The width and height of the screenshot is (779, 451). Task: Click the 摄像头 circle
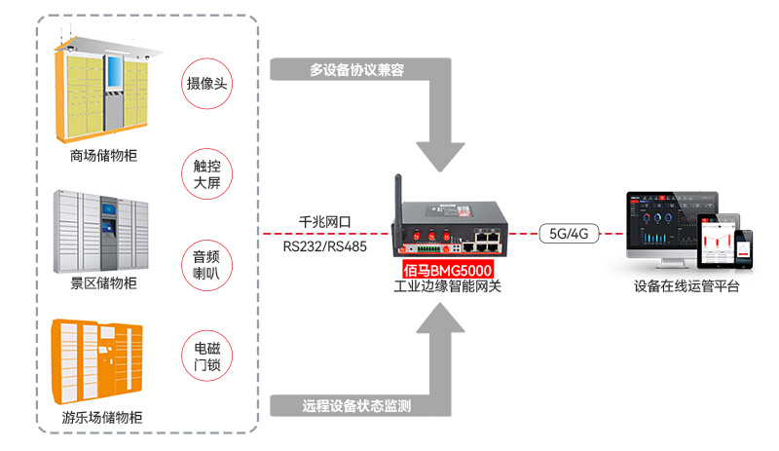pyautogui.click(x=206, y=83)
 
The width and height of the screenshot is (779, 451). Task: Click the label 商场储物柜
pyautogui.click(x=104, y=155)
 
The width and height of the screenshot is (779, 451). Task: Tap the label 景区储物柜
pyautogui.click(x=104, y=283)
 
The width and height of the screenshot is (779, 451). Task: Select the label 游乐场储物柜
pyautogui.click(x=104, y=418)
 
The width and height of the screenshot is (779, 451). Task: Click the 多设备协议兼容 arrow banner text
pyautogui.click(x=356, y=70)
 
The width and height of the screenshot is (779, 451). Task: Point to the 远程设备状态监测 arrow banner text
pyautogui.click(x=356, y=405)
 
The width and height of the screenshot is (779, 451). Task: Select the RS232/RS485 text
pyautogui.click(x=326, y=246)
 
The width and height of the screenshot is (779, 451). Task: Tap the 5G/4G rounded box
pyautogui.click(x=570, y=234)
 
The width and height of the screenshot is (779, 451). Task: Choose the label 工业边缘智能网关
pyautogui.click(x=447, y=285)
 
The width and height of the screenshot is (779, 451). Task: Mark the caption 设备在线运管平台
pyautogui.click(x=686, y=286)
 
